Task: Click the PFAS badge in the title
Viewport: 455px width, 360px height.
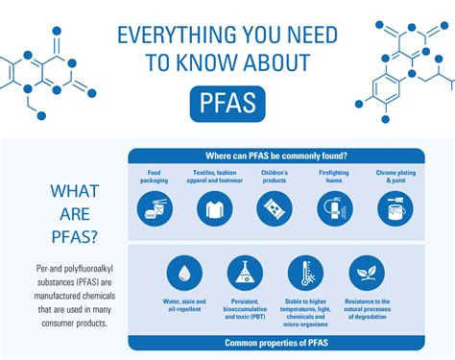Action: [227, 103]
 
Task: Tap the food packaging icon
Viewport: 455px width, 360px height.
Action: [154, 207]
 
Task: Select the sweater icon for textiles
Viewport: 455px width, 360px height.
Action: [214, 207]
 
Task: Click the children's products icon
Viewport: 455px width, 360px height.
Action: [275, 207]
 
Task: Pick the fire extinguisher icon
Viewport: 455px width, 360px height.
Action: [335, 207]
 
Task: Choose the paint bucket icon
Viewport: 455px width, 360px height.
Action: [395, 207]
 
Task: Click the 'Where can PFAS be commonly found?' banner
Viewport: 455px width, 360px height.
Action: [276, 155]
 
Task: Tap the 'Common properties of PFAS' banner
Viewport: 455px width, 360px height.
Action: [276, 342]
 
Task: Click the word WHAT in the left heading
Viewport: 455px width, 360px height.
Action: [74, 191]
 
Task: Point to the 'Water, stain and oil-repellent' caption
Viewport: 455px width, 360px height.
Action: [183, 306]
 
